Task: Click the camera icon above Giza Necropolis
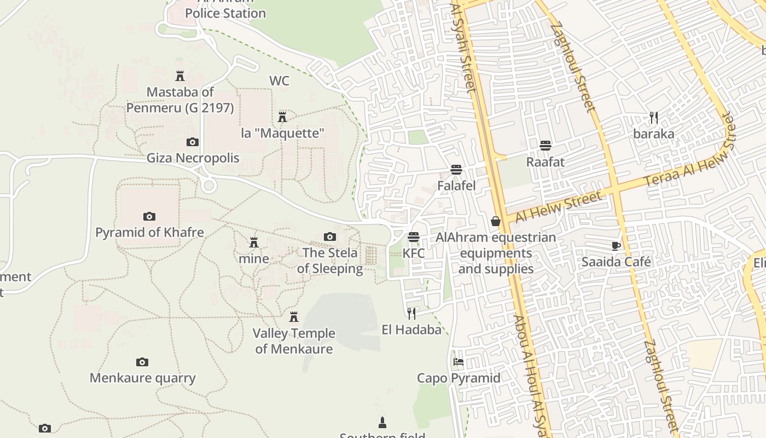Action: (x=192, y=142)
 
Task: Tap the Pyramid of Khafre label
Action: (x=149, y=232)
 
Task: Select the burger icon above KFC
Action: (x=414, y=237)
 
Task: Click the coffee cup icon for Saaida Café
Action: (x=616, y=246)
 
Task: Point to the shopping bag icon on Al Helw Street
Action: (x=496, y=221)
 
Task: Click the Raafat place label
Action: (x=545, y=162)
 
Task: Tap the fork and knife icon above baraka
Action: (x=653, y=117)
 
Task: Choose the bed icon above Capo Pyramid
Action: (x=459, y=362)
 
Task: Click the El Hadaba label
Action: (x=411, y=330)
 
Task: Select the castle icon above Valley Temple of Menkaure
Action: (x=294, y=317)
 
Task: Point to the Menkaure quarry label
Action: (x=142, y=378)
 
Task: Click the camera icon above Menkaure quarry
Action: (x=142, y=362)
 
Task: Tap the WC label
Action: (x=279, y=81)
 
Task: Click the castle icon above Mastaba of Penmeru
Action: (x=180, y=76)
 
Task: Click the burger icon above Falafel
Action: (x=456, y=170)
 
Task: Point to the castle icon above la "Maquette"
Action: (x=282, y=117)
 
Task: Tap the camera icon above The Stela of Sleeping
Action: (x=329, y=237)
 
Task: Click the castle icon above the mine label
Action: (x=254, y=243)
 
